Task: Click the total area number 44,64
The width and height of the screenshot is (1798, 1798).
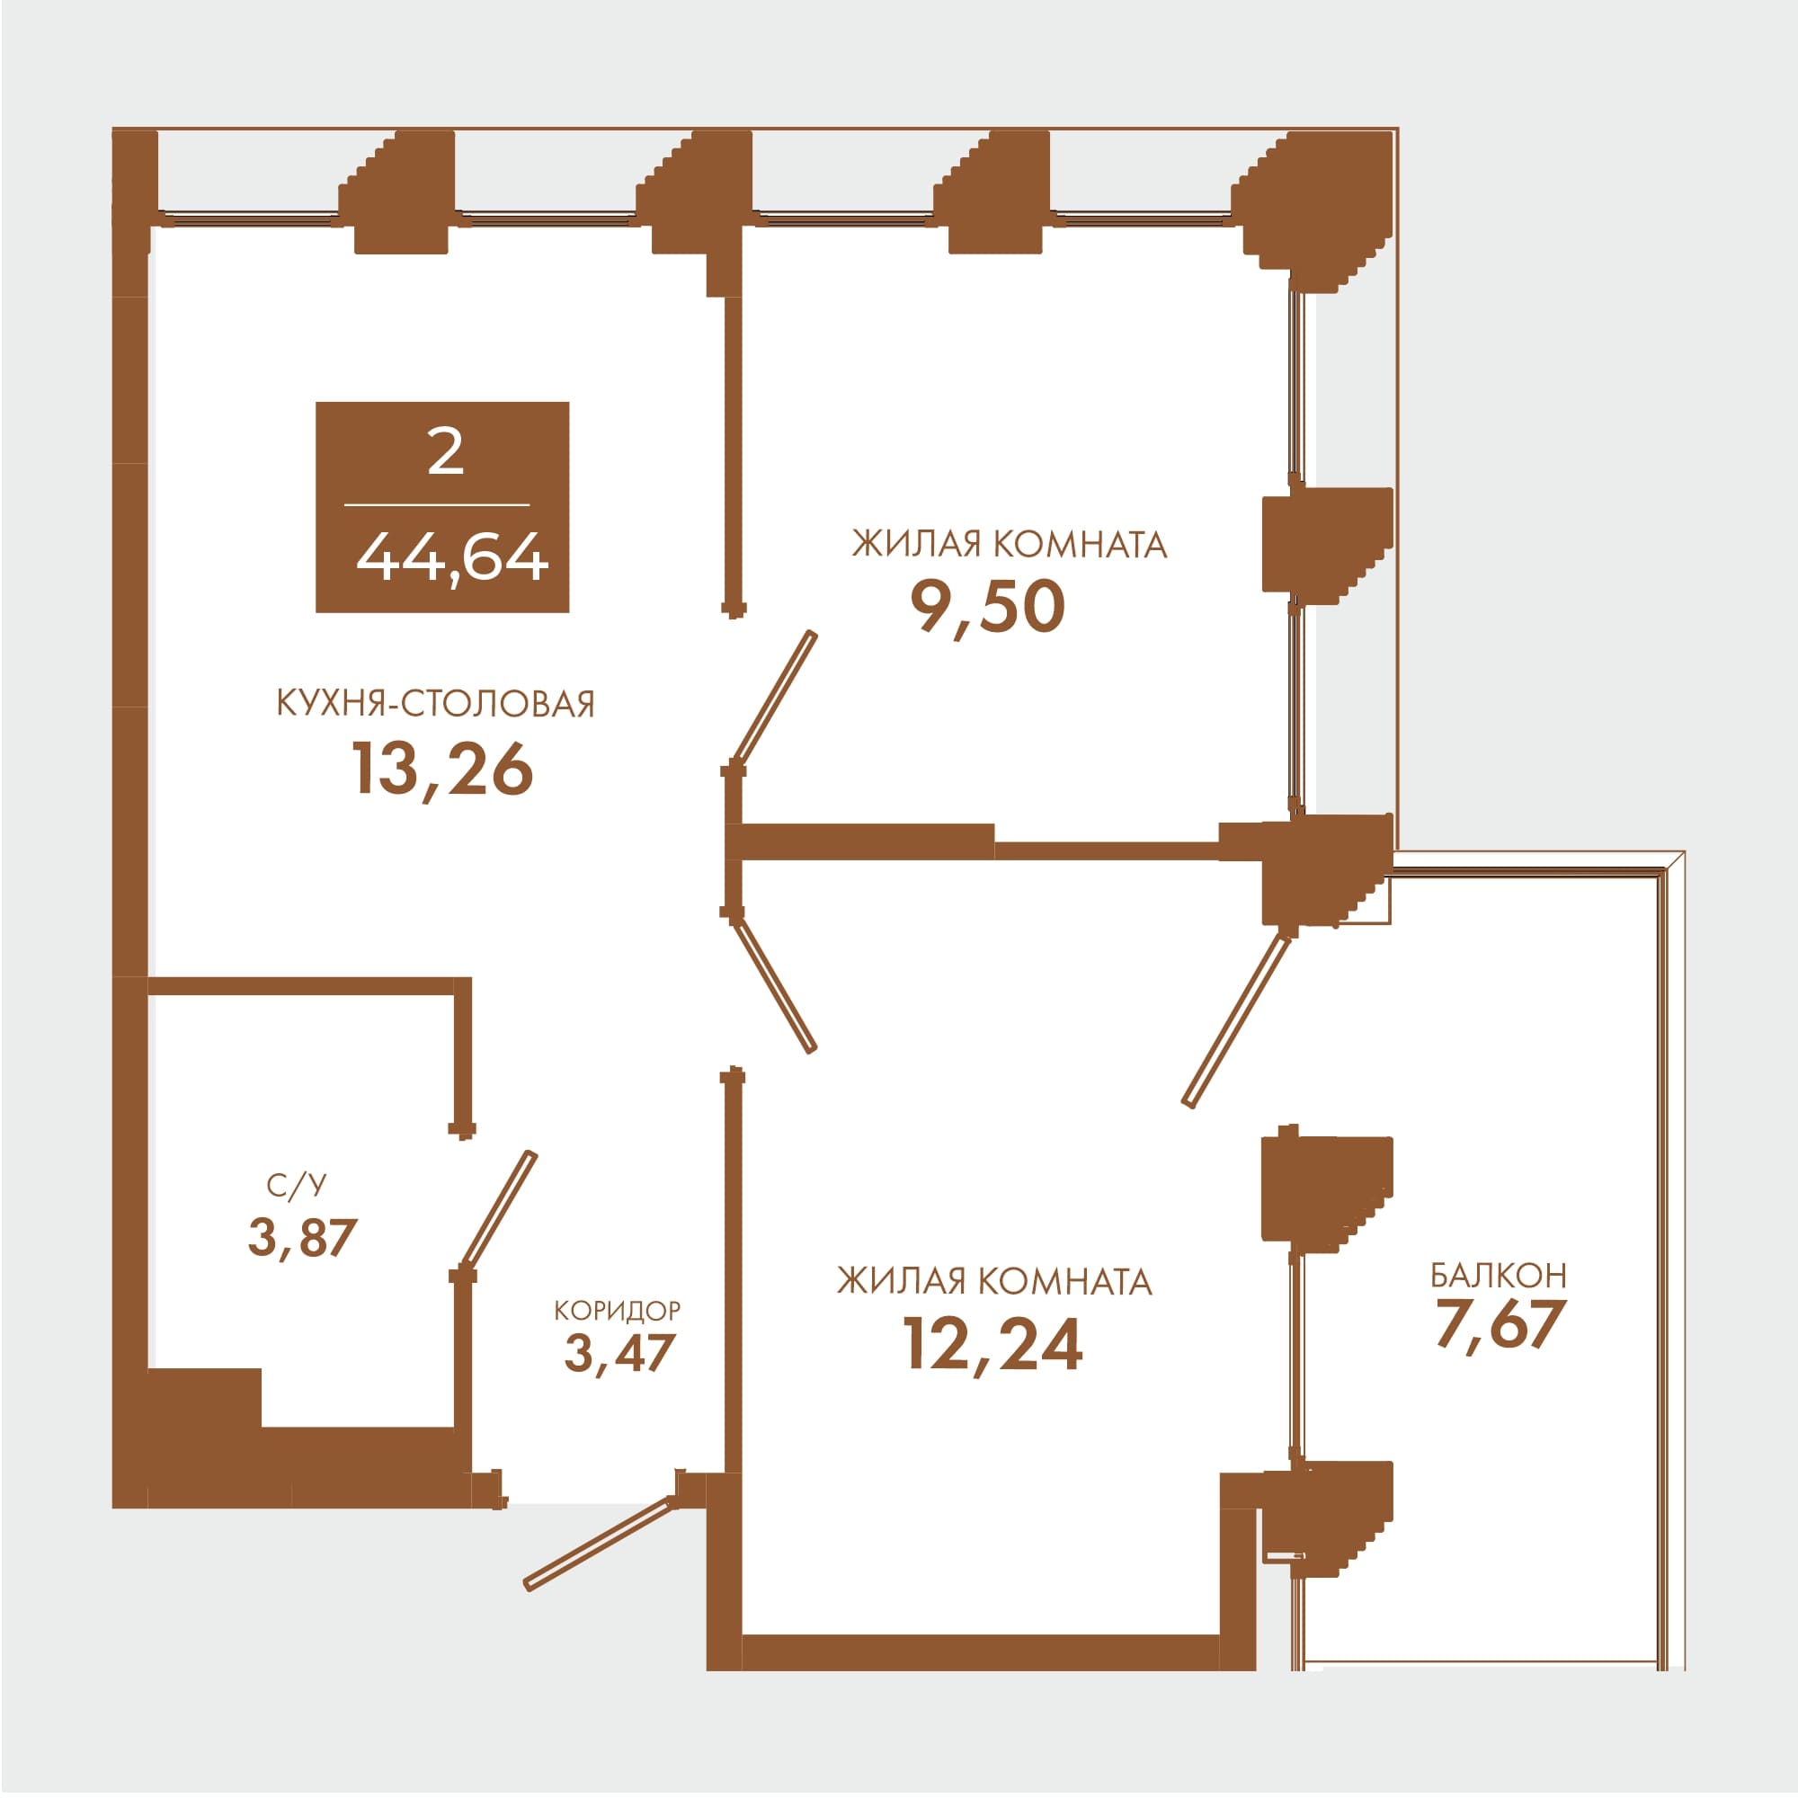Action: (452, 559)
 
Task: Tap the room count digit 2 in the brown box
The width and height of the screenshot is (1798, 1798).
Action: (446, 452)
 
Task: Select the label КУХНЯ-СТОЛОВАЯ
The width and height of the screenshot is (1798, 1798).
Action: (435, 704)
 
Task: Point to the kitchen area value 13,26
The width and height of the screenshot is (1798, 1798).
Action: (442, 770)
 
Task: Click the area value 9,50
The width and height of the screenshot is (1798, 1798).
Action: (987, 607)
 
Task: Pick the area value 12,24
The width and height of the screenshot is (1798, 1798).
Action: (993, 1345)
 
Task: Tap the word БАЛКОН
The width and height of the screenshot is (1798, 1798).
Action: (1499, 1275)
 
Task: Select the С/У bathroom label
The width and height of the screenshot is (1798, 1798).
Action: (297, 1186)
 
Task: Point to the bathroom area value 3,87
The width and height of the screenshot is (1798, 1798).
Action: (302, 1238)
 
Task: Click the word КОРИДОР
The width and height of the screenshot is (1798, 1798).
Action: (617, 1311)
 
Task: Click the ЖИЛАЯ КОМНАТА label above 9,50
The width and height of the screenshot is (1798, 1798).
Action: (1010, 545)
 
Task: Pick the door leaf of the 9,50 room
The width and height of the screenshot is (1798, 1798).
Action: (774, 698)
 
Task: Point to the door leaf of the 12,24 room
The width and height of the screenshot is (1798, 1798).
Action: (775, 986)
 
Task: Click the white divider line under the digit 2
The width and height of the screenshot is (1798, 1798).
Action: (438, 505)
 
